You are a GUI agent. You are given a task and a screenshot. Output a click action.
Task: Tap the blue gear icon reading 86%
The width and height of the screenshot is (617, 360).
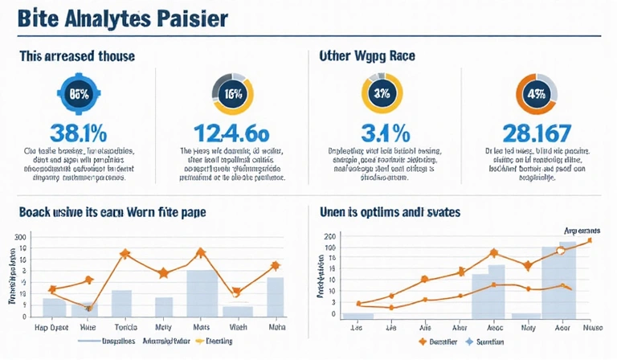click(x=80, y=93)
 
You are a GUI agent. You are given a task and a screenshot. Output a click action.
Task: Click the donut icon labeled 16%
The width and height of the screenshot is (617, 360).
click(x=232, y=93)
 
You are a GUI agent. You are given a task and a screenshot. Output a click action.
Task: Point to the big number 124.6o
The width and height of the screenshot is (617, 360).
click(x=233, y=133)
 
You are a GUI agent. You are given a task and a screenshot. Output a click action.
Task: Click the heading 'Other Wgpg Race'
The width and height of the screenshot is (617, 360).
click(x=370, y=57)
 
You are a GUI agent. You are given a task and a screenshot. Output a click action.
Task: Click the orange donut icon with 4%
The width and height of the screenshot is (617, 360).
click(x=536, y=93)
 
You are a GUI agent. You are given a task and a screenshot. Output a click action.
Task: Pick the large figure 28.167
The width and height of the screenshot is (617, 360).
click(x=537, y=133)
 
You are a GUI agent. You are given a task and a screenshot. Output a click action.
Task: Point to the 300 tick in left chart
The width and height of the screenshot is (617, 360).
click(x=20, y=237)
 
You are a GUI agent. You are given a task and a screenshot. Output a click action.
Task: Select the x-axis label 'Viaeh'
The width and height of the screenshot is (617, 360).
click(x=238, y=327)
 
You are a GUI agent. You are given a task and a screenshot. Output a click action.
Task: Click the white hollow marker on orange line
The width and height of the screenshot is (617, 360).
click(x=562, y=251)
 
